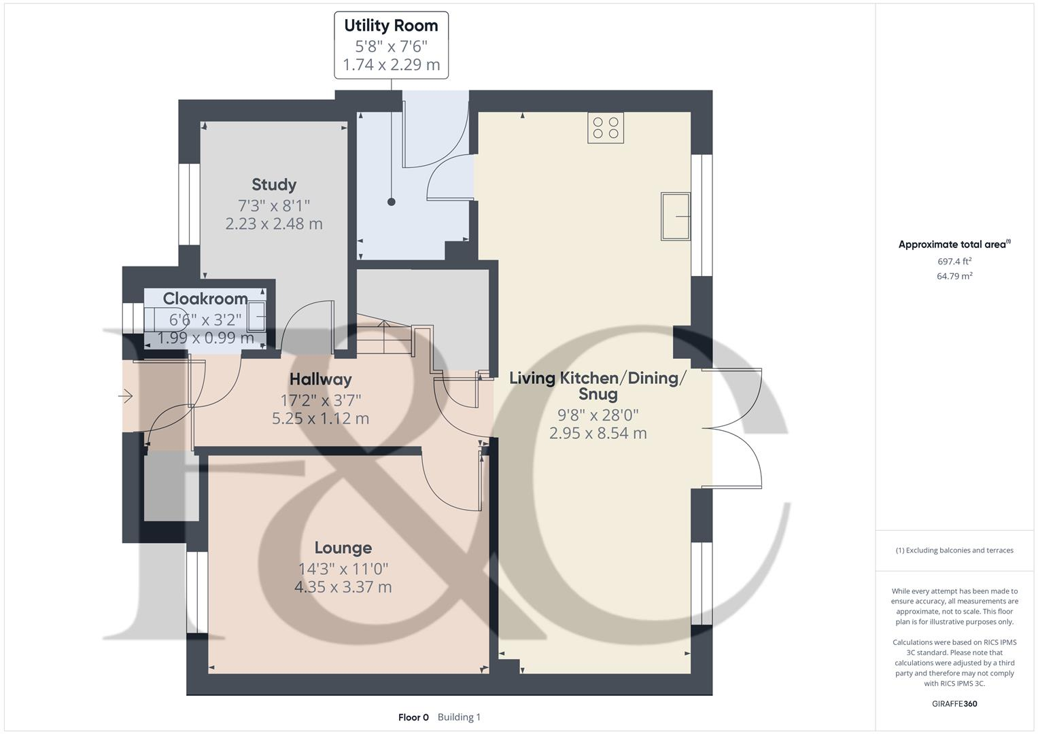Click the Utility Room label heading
(x=391, y=26)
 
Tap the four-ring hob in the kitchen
(x=606, y=128)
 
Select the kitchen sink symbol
(x=675, y=217)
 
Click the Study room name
(x=274, y=185)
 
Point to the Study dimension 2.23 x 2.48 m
(x=274, y=224)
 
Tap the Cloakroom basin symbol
(x=256, y=316)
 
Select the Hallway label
(x=320, y=379)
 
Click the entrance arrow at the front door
(x=126, y=396)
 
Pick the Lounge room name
(x=343, y=548)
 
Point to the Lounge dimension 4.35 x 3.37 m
(x=343, y=587)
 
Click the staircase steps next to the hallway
(x=384, y=337)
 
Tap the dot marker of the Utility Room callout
(x=392, y=202)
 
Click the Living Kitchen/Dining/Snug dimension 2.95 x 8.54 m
(x=598, y=433)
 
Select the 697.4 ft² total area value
(x=954, y=261)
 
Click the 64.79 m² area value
(x=954, y=276)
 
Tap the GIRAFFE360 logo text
(x=954, y=703)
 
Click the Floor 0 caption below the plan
(x=413, y=717)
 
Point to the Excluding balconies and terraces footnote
(x=954, y=550)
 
